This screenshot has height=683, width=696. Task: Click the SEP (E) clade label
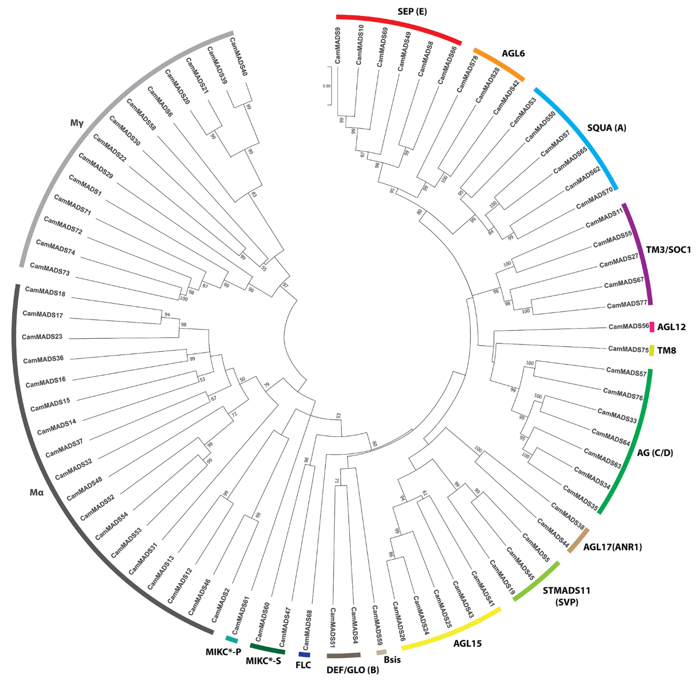(x=412, y=11)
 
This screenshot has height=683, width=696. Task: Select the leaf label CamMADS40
(x=238, y=57)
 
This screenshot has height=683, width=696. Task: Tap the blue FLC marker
(x=304, y=655)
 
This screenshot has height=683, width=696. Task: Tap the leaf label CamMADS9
(x=337, y=46)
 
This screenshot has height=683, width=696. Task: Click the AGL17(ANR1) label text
(x=612, y=547)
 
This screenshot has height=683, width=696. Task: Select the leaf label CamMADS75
(x=628, y=349)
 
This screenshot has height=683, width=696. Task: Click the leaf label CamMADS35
(x=580, y=498)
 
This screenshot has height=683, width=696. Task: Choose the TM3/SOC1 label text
(x=668, y=250)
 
